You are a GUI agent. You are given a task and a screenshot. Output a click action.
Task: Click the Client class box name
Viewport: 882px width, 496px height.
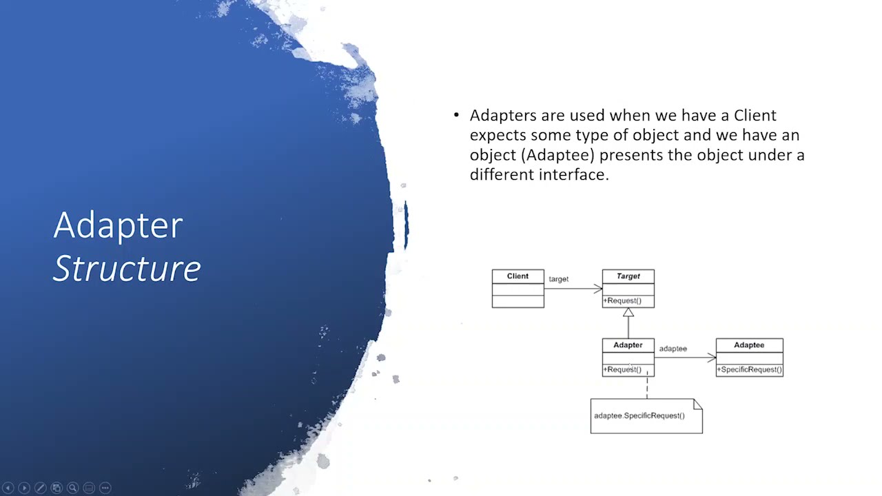point(517,276)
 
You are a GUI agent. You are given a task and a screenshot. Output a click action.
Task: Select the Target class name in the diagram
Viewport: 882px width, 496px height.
point(628,276)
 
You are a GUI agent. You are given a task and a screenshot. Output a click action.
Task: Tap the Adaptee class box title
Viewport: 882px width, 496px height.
point(749,345)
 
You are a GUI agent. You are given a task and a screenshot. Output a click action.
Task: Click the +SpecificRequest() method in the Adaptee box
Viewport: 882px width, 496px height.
point(749,370)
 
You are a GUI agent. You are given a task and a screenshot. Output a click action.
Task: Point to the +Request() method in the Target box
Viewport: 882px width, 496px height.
point(623,301)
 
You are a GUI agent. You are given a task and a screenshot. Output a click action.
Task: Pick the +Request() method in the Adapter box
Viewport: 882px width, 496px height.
point(623,370)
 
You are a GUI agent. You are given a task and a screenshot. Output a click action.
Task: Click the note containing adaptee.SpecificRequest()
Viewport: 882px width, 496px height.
point(646,416)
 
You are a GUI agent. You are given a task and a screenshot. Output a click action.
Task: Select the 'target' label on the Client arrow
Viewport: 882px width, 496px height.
point(558,279)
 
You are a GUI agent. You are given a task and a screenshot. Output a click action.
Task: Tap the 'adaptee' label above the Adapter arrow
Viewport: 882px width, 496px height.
point(673,349)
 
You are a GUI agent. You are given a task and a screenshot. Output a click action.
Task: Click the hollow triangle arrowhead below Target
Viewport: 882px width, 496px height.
point(628,313)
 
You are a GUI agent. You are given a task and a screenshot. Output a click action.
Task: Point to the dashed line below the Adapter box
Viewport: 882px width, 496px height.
point(646,387)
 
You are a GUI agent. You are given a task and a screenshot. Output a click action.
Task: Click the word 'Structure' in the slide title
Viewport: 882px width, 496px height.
point(127,269)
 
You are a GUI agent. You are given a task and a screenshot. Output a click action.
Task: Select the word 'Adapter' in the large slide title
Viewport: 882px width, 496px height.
point(118,225)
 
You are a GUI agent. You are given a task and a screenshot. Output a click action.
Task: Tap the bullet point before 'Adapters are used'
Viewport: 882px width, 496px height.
point(456,115)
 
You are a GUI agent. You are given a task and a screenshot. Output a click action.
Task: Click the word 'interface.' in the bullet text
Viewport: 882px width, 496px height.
point(574,175)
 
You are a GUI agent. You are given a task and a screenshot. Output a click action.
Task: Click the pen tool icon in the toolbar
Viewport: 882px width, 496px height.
point(40,488)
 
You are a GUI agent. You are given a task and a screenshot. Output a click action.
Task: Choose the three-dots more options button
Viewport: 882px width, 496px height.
point(105,488)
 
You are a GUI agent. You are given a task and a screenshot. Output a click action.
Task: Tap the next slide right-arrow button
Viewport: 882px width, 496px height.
point(24,488)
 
